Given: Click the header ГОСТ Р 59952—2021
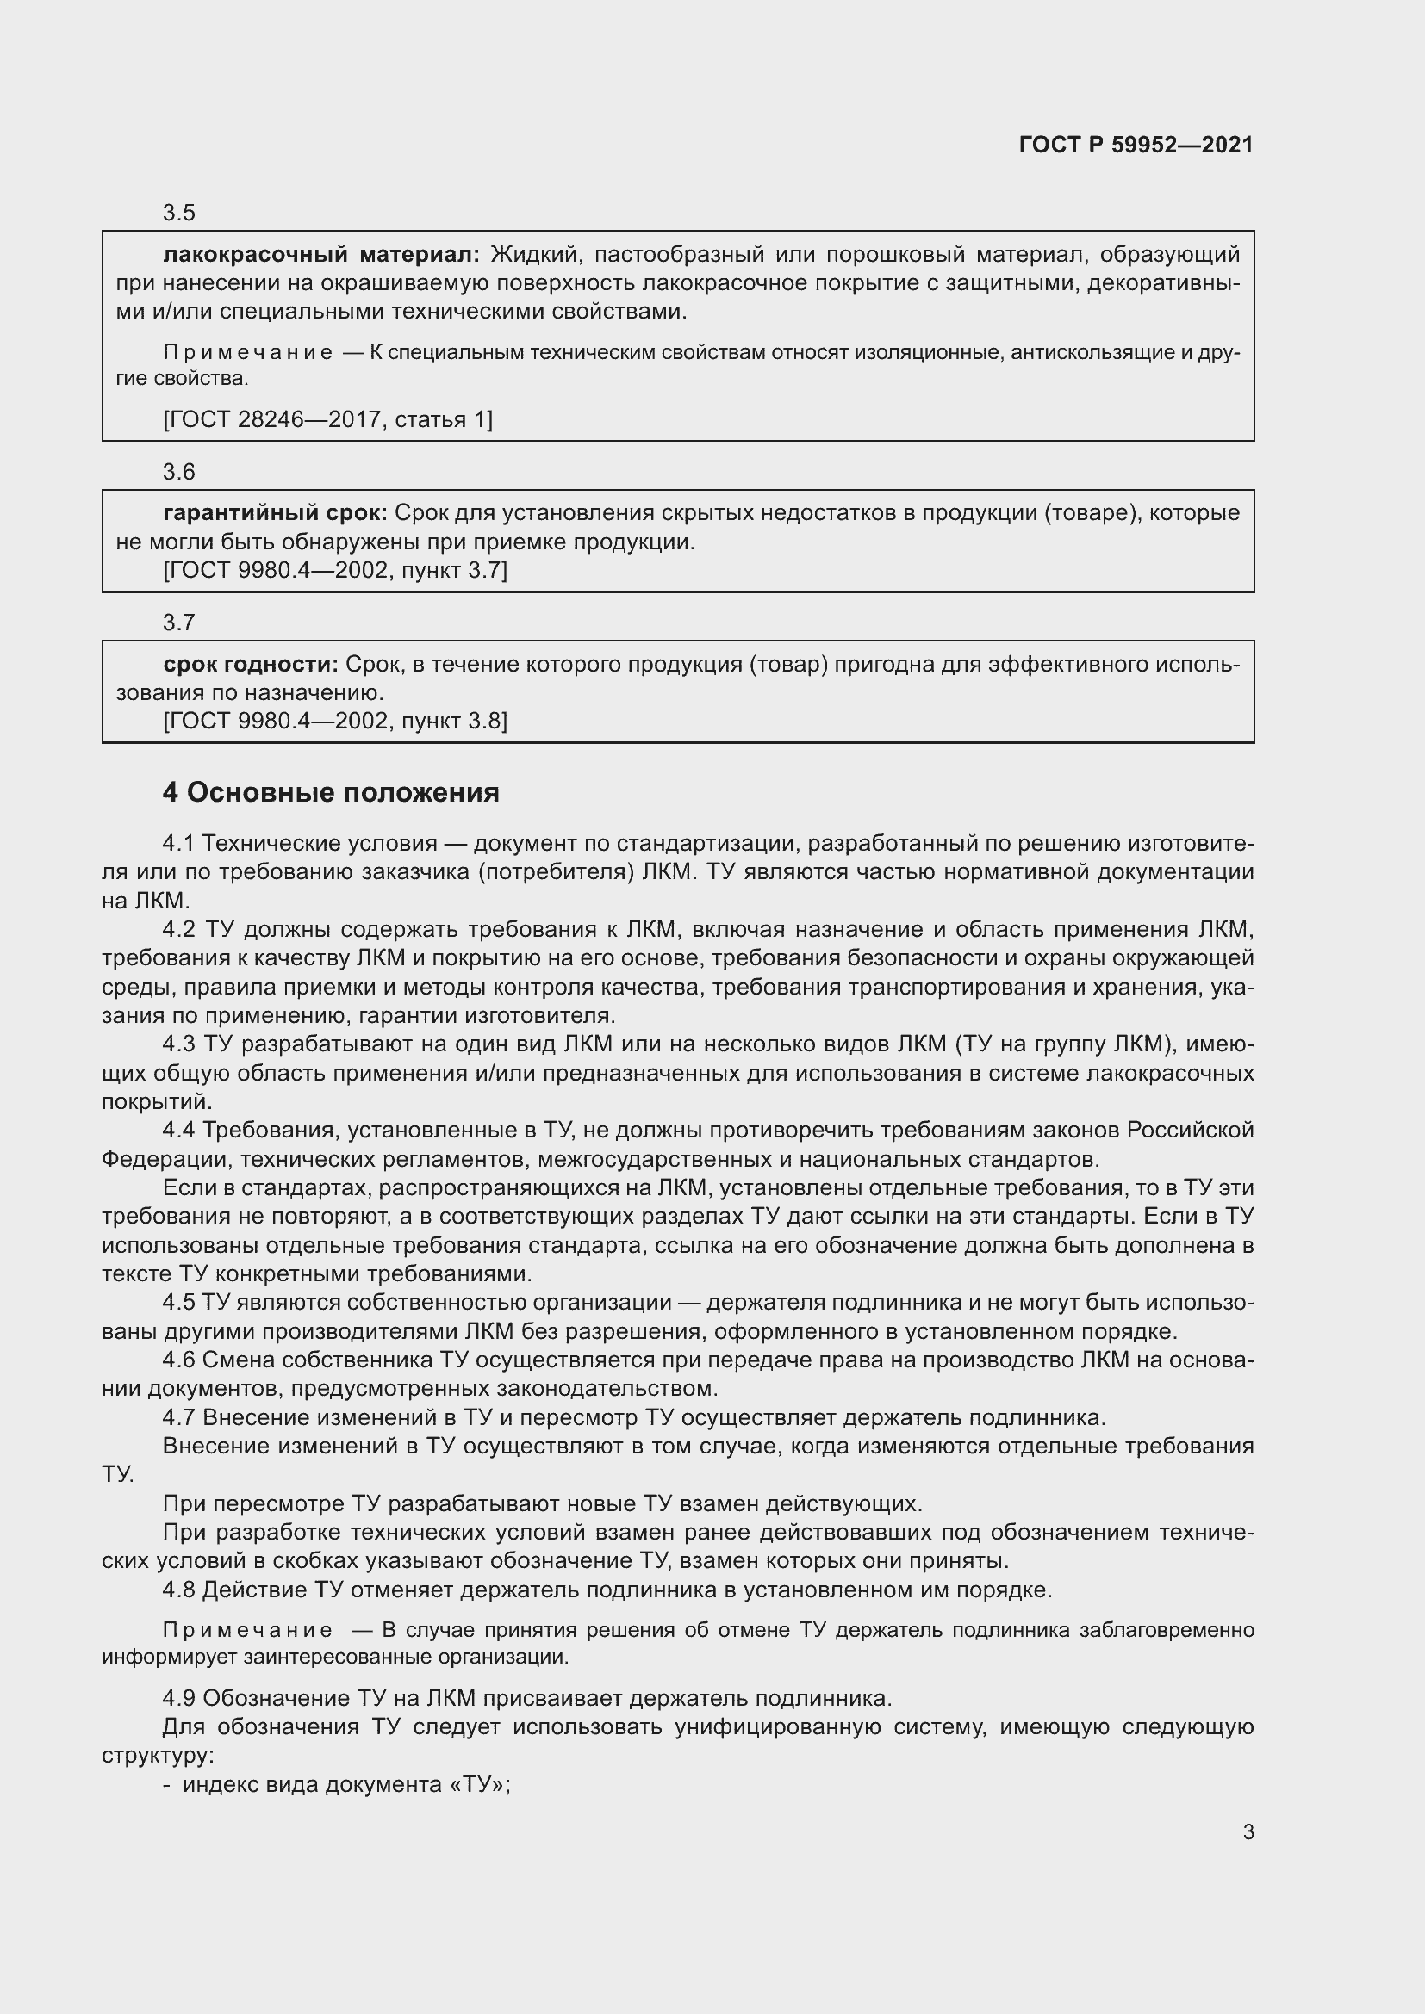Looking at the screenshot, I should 1136,145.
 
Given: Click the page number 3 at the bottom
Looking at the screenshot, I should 1248,1831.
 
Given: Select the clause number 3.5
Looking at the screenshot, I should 179,214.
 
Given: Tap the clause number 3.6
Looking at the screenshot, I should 179,472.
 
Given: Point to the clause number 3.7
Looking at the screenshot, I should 179,623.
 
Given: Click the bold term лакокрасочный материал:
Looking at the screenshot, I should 321,254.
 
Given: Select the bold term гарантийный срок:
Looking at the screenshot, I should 276,513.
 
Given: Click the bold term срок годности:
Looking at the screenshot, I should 251,664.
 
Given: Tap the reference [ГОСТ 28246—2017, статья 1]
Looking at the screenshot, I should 328,419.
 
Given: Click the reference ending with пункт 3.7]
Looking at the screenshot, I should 335,570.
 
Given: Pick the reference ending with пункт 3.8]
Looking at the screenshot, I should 335,721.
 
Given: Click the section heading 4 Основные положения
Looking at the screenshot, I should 331,792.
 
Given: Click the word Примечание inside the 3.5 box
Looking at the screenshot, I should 248,353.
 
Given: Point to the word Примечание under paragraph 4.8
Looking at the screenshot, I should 248,1630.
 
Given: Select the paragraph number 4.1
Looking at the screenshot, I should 178,843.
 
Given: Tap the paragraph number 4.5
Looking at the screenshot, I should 178,1303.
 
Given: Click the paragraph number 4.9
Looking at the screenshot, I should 178,1698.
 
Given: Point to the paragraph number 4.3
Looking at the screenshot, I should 178,1044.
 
